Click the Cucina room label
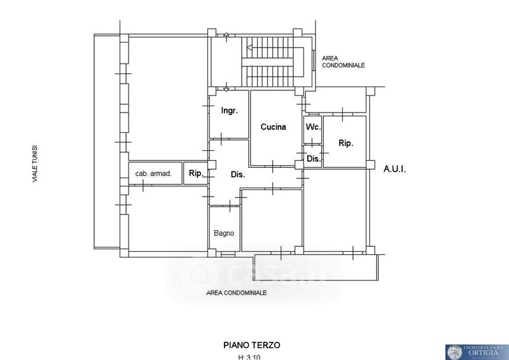click(x=273, y=127)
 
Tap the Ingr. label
click(x=229, y=111)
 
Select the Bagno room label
click(x=224, y=233)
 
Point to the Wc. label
click(x=312, y=127)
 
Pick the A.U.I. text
click(x=394, y=169)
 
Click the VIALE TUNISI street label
click(x=36, y=163)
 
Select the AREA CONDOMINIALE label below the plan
click(x=236, y=293)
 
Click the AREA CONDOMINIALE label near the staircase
click(x=344, y=61)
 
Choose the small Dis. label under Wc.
click(x=314, y=158)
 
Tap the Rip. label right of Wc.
click(x=345, y=143)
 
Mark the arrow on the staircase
click(x=251, y=47)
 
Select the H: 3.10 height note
click(x=251, y=357)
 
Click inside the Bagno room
click(x=224, y=219)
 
